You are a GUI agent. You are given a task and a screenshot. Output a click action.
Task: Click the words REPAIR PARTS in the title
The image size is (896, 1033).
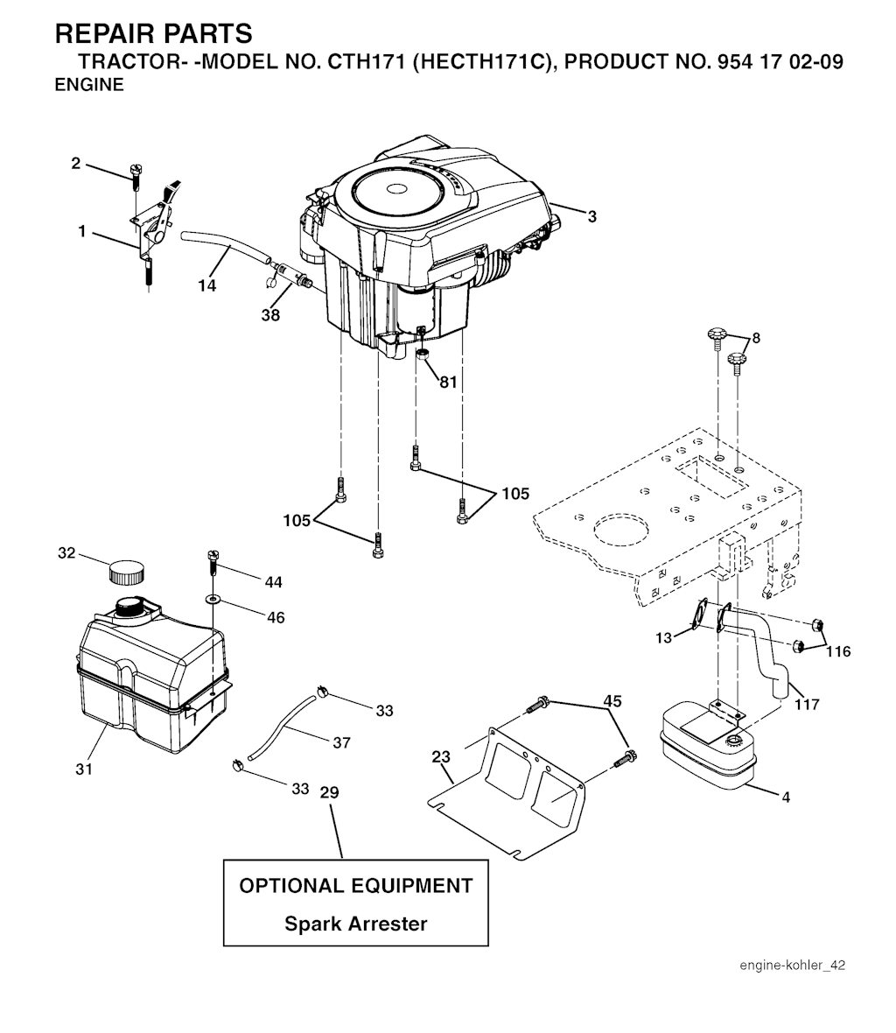[x=153, y=34]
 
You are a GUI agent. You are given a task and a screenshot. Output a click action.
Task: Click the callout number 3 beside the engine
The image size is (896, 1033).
[x=591, y=216]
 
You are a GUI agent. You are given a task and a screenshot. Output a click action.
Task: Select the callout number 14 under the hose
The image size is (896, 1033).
[x=206, y=286]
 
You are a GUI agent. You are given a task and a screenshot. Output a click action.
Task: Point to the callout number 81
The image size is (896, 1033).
[x=448, y=382]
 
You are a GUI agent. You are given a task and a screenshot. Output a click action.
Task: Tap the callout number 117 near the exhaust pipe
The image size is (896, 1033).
[x=807, y=704]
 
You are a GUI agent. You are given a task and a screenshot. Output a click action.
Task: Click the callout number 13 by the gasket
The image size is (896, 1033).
[x=663, y=637]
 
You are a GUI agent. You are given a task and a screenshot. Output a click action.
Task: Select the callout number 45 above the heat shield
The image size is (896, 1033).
[x=612, y=700]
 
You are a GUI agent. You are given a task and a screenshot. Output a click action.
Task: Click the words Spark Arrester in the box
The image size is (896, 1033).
[x=355, y=924]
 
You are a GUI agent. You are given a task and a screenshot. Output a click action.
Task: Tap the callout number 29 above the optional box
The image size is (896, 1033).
[x=329, y=792]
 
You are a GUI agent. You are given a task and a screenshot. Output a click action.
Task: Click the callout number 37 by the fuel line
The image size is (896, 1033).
[x=341, y=742]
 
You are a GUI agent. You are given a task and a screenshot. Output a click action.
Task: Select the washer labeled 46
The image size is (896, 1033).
[x=213, y=600]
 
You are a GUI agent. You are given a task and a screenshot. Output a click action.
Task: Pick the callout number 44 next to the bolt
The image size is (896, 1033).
[x=273, y=581]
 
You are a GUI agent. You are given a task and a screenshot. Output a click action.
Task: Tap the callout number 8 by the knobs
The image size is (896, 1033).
[x=756, y=338]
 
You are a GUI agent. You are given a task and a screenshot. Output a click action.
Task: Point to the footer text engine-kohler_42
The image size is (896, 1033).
[x=792, y=966]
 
